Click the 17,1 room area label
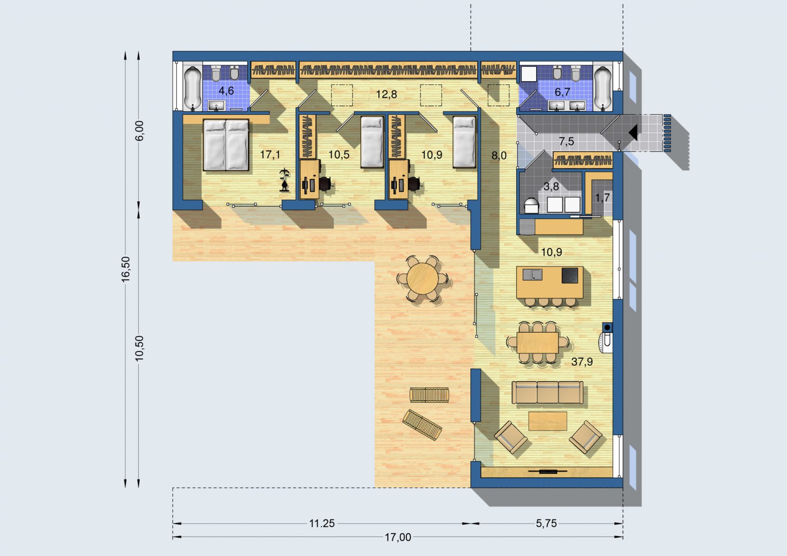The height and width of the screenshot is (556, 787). coord(270,154)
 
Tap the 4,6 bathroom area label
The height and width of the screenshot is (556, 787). coord(226,91)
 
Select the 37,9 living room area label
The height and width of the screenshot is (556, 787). coord(582,361)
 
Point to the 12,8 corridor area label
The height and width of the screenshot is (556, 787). coord(386,94)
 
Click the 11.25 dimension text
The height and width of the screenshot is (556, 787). coord(322,524)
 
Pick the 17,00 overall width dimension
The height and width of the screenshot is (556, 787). coord(398,537)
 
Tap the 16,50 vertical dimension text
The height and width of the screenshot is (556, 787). coord(125,269)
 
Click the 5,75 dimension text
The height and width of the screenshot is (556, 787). coord(546,524)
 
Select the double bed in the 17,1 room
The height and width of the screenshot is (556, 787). coord(226,145)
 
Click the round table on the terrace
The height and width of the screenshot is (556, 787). coord(422,279)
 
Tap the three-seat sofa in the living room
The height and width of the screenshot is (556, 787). coord(547,392)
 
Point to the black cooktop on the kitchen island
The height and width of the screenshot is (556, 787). coord(569,275)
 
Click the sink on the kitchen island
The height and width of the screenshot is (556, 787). coord(532,274)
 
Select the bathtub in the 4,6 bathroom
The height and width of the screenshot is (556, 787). coord(192,88)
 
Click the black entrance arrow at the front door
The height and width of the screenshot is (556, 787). coord(633,133)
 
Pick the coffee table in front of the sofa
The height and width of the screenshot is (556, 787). coord(548,421)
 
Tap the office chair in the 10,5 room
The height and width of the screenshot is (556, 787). coord(326,184)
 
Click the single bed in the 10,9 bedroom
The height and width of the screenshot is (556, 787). coord(464,142)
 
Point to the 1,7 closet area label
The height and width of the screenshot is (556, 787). coord(602,198)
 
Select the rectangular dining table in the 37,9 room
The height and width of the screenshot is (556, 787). coord(537,342)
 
